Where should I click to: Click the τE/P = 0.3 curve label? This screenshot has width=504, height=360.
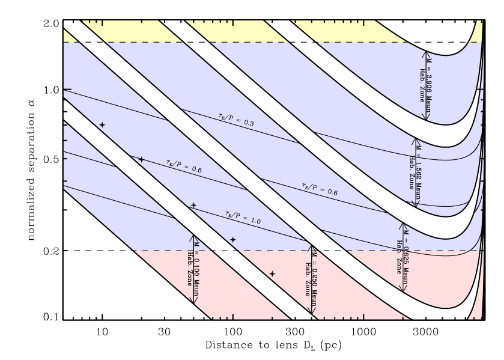point(236,118)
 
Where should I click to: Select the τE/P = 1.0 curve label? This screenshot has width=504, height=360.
point(243,217)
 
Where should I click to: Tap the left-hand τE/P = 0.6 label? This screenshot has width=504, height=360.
point(184,166)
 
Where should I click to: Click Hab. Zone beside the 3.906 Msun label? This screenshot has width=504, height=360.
point(422,84)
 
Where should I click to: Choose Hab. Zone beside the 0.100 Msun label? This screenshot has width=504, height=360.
point(190,269)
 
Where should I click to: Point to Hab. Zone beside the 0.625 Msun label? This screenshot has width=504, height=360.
point(398,257)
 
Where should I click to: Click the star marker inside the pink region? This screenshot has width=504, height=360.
point(272,273)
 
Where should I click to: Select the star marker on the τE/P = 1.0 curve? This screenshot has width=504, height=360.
point(193,206)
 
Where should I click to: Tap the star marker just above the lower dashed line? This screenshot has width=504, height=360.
point(233,240)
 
